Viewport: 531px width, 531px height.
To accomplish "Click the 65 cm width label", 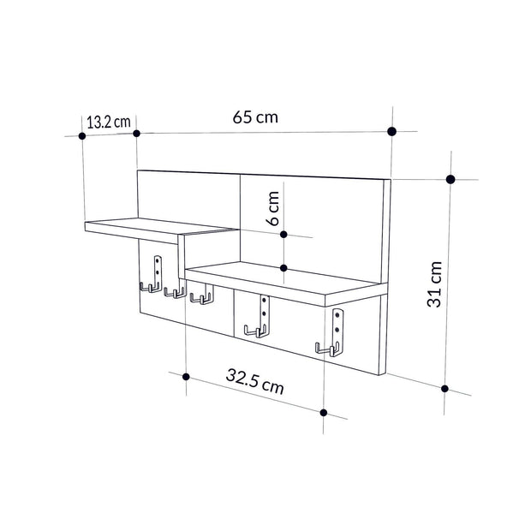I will [x=254, y=117].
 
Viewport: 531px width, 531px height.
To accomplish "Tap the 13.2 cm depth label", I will [x=108, y=122].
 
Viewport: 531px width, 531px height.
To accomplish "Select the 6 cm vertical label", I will [x=273, y=208].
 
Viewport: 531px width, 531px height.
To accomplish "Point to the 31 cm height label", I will [x=436, y=283].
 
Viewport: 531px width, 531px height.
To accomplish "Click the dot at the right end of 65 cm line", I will [x=392, y=131].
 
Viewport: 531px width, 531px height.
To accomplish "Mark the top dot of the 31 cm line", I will [x=450, y=179].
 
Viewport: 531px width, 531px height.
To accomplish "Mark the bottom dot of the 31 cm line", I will [x=445, y=388].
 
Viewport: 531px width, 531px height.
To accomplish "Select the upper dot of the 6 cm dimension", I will [x=283, y=233].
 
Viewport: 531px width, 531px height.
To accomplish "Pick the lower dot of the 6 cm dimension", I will [x=283, y=268].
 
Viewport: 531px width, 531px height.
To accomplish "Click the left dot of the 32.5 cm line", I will [x=186, y=376].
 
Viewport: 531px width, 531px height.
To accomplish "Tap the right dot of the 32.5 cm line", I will [x=323, y=413].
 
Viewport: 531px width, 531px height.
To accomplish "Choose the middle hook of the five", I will [x=201, y=297].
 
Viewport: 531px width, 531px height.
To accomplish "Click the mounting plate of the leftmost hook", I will [x=157, y=267].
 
